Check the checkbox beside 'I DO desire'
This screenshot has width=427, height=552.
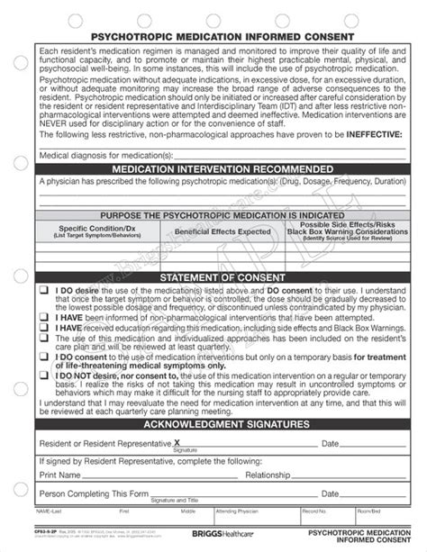[x=43, y=292]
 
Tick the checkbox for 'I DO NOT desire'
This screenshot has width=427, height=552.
[x=43, y=370]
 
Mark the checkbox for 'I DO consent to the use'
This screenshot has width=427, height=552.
[x=43, y=357]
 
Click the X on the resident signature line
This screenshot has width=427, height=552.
[x=177, y=442]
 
